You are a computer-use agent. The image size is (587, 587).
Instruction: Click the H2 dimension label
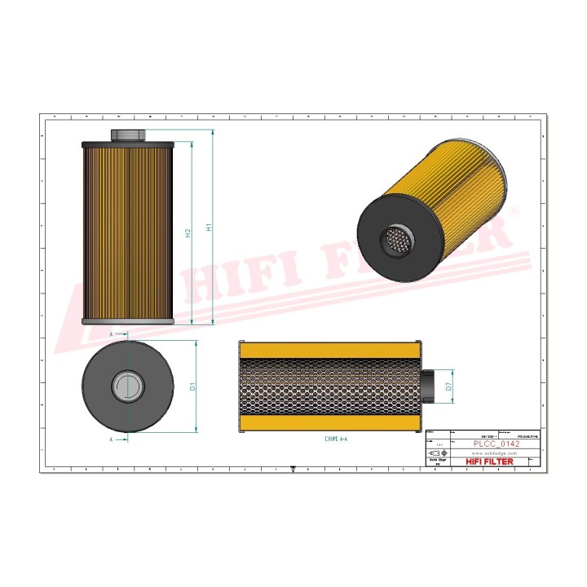click(188, 232)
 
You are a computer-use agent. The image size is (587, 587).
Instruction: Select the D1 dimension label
click(192, 386)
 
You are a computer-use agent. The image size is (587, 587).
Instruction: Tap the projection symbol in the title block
click(437, 452)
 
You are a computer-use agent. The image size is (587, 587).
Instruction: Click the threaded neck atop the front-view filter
click(128, 135)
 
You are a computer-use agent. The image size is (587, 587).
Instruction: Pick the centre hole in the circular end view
click(128, 386)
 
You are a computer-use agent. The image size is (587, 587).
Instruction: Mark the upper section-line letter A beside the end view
click(112, 333)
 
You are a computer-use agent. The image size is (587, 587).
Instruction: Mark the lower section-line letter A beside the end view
click(112, 439)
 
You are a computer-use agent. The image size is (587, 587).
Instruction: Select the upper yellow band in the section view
click(329, 349)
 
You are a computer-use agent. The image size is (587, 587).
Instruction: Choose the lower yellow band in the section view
click(329, 423)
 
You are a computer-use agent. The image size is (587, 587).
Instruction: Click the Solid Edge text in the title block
click(436, 461)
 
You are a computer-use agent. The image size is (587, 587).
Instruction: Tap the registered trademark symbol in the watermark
click(513, 210)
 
